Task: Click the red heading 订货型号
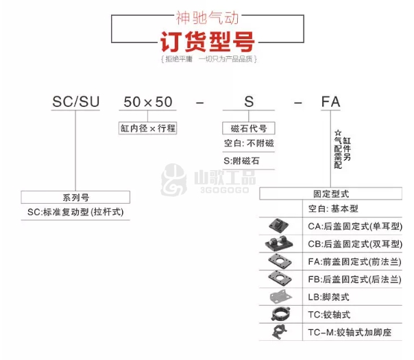[x=207, y=41]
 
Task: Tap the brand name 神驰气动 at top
[x=207, y=18]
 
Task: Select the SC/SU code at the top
[x=76, y=101]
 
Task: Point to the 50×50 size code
[x=148, y=102]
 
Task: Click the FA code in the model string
[x=330, y=101]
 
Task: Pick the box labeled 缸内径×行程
[x=147, y=128]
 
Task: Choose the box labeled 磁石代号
[x=248, y=128]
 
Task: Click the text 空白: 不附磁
[x=249, y=143]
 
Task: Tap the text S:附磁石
[x=241, y=160]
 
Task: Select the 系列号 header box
[x=75, y=197]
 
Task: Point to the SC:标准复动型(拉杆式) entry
[x=75, y=212]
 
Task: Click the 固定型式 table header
[x=331, y=193]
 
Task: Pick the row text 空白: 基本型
[x=333, y=208]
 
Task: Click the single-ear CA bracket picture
[x=278, y=226]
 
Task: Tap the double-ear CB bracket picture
[x=279, y=243]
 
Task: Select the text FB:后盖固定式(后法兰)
[x=354, y=279]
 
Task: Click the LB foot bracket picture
[x=280, y=297]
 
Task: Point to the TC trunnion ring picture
[x=280, y=314]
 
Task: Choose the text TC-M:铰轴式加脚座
[x=350, y=332]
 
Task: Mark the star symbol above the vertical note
[x=338, y=132]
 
